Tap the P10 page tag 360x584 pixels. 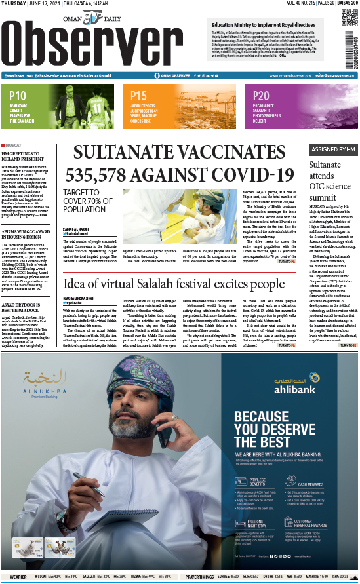tap(18, 96)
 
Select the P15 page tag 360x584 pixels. tap(138, 96)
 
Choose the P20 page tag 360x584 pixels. tap(261, 96)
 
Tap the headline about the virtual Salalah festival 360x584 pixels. tap(174, 284)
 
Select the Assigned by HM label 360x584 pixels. tap(333, 149)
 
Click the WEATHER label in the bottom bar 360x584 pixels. tap(18, 577)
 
